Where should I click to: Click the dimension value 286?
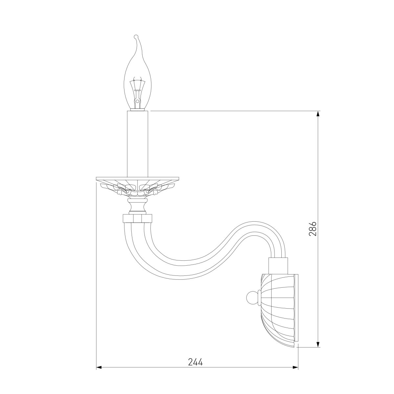tap(313, 229)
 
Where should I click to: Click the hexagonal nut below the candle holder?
tap(137, 219)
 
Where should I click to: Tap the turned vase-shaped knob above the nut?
tap(137, 206)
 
